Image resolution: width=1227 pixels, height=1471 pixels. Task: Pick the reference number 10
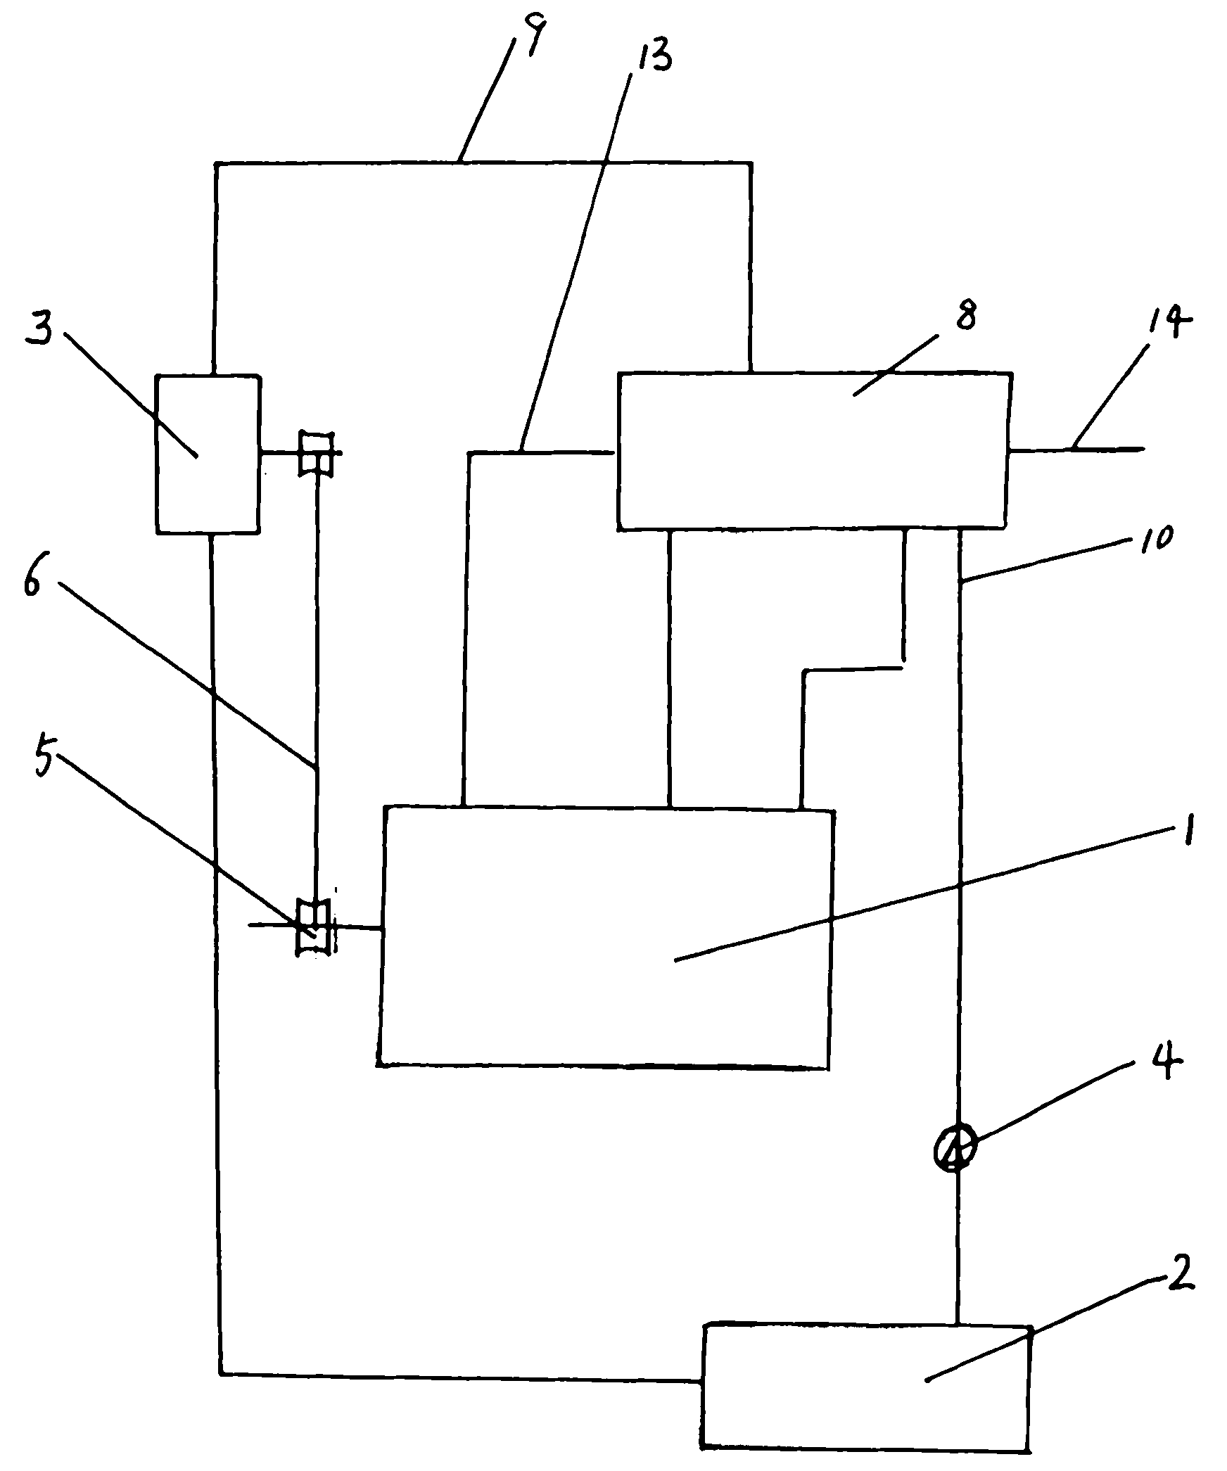coord(1152,540)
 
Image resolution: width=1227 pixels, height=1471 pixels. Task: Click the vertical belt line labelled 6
coord(317,689)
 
